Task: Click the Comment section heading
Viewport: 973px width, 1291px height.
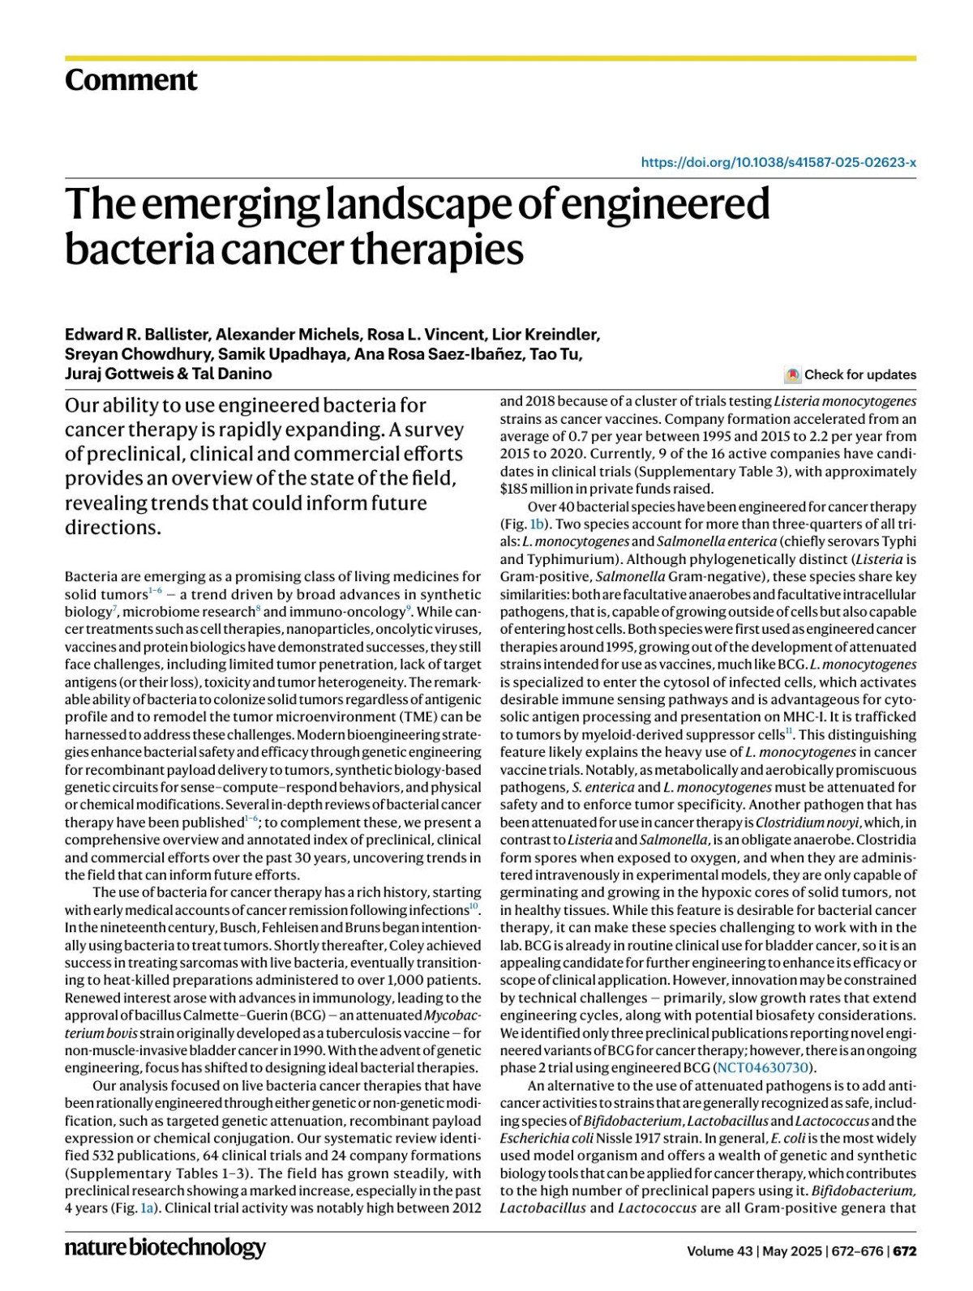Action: point(131,80)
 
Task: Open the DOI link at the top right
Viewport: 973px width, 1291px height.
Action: point(778,162)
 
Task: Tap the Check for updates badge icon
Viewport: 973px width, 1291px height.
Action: point(792,375)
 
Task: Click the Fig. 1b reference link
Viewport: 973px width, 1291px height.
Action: point(537,524)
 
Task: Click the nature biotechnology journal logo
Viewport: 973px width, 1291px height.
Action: point(165,1247)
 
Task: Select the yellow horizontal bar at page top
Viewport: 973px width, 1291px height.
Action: point(490,58)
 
